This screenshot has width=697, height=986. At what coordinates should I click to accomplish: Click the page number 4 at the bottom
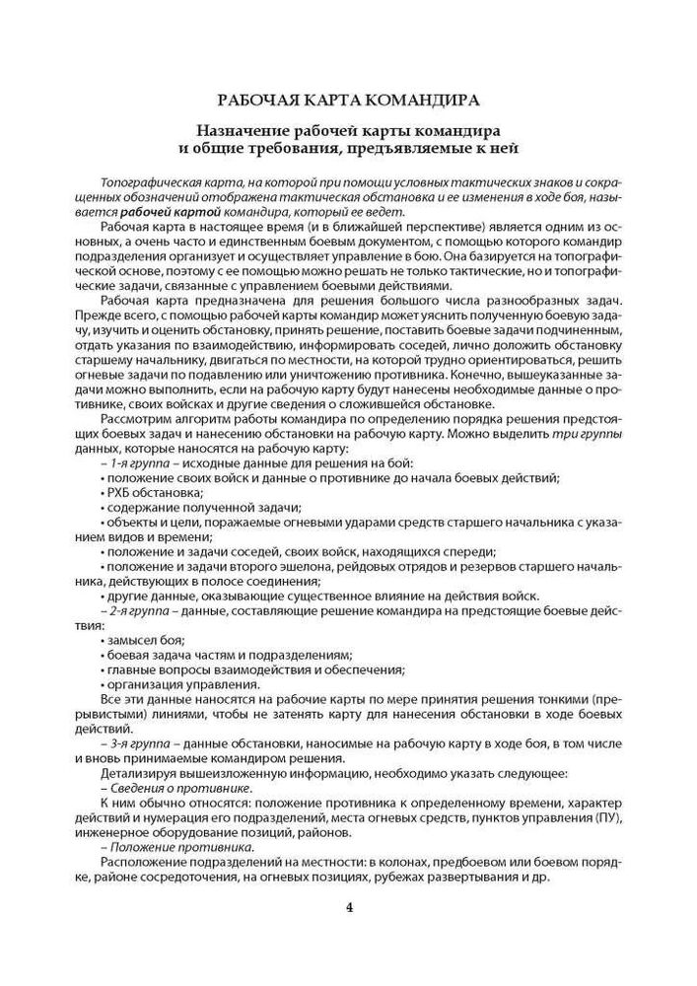click(348, 908)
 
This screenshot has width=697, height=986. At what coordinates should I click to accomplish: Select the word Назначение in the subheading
click(247, 130)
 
